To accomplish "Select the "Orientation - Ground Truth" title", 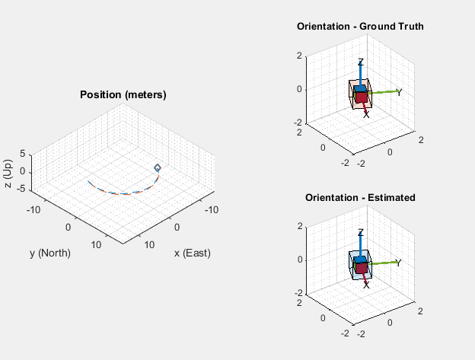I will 360,27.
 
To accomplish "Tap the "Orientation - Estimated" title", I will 360,197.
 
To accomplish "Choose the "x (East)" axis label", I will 192,253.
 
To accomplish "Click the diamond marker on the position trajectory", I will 158,167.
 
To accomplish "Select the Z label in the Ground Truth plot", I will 361,62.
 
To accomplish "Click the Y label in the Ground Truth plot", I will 399,92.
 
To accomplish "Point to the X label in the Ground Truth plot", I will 366,115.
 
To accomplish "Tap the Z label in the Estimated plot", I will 361,233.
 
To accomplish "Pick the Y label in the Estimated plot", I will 399,263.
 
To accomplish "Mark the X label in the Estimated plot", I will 366,285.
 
